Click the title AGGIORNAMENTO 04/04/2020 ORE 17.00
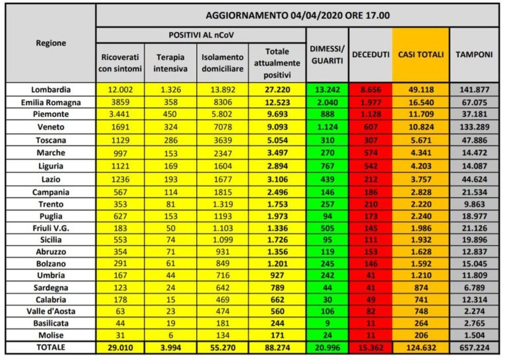click(296, 15)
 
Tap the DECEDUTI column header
click(370, 55)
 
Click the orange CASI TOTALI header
click(421, 55)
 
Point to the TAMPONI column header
click(474, 55)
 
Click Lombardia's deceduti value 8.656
click(370, 90)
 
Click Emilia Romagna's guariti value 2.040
click(327, 102)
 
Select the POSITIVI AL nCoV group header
click(201, 34)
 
